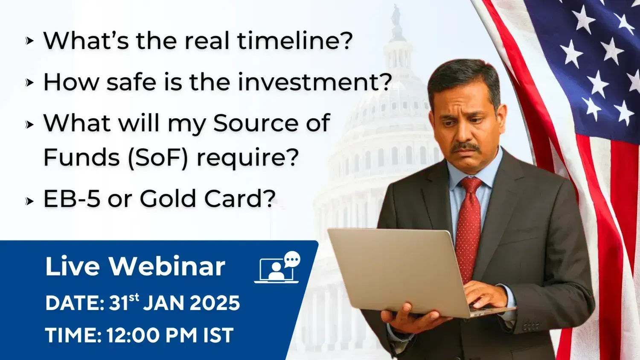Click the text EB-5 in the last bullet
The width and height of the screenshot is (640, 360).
pyautogui.click(x=72, y=199)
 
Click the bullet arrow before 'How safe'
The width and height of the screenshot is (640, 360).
pyautogui.click(x=29, y=83)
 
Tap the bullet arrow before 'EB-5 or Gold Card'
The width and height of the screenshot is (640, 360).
pyautogui.click(x=29, y=201)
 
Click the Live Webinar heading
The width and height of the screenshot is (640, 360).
pyautogui.click(x=135, y=267)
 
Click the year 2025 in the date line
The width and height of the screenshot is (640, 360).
pyautogui.click(x=215, y=303)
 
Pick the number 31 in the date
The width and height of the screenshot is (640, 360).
pyautogui.click(x=118, y=303)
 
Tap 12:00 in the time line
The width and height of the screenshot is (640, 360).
pyautogui.click(x=133, y=335)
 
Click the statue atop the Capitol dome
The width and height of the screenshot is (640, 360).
pyautogui.click(x=396, y=16)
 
